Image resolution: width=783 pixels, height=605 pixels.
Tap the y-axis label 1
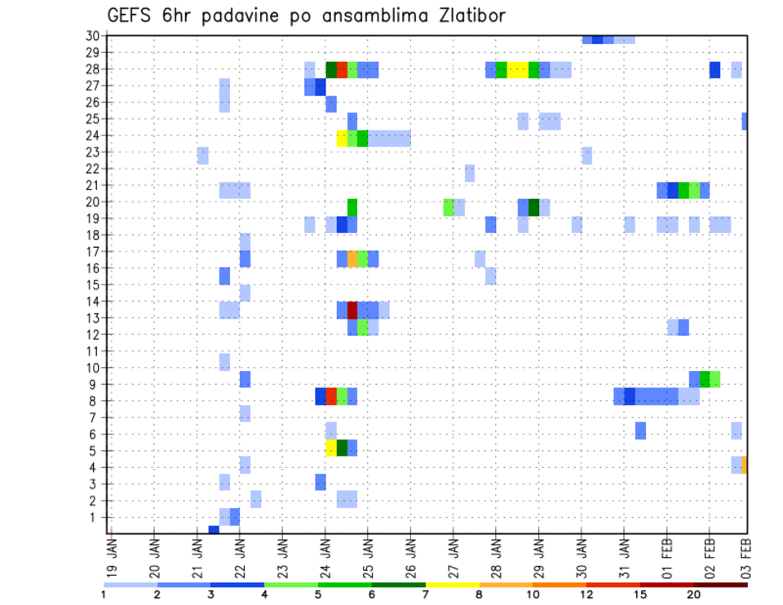click(95, 517)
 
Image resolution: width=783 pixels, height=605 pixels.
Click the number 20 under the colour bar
click(694, 594)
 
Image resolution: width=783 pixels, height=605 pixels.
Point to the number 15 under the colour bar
click(640, 594)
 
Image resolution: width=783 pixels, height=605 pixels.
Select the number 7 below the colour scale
click(425, 594)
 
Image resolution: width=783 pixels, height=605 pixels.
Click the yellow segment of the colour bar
click(452, 585)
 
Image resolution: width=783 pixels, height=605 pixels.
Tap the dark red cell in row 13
click(352, 310)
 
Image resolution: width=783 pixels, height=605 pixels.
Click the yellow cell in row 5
click(331, 448)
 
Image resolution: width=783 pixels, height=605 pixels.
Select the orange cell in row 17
click(352, 259)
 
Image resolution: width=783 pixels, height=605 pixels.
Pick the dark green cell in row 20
click(533, 207)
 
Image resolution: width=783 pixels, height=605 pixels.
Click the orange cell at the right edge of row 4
click(745, 464)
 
